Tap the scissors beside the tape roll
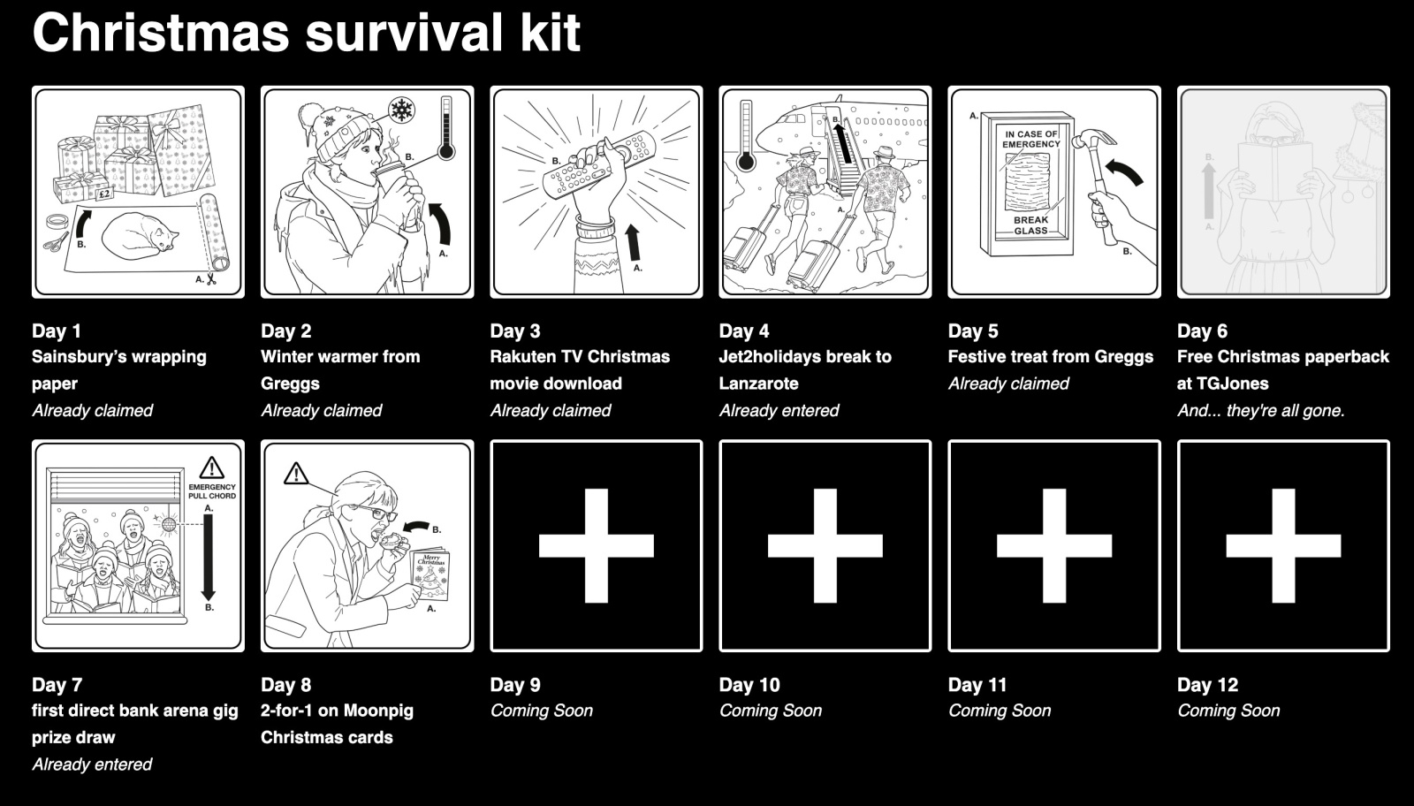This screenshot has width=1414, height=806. pyautogui.click(x=55, y=240)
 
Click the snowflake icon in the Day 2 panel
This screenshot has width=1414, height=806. pyautogui.click(x=402, y=110)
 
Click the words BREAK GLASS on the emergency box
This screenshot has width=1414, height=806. pyautogui.click(x=1030, y=225)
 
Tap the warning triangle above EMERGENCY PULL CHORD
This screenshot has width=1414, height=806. pyautogui.click(x=211, y=468)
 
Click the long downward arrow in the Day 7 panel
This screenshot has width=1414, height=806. pyautogui.click(x=209, y=556)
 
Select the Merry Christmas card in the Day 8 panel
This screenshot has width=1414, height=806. pyautogui.click(x=431, y=574)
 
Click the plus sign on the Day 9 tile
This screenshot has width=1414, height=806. pyautogui.click(x=597, y=545)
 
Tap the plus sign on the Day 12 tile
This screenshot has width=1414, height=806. pyautogui.click(x=1283, y=545)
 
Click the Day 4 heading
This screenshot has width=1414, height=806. pyautogui.click(x=744, y=331)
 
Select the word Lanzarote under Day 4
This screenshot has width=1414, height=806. pyautogui.click(x=758, y=384)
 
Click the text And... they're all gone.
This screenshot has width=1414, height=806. pyautogui.click(x=1260, y=410)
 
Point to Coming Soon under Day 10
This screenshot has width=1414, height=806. pyautogui.click(x=770, y=711)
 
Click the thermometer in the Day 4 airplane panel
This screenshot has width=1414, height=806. pyautogui.click(x=746, y=135)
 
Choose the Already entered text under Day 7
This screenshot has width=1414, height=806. pyautogui.click(x=92, y=764)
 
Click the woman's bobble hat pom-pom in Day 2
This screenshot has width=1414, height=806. pyautogui.click(x=309, y=114)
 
